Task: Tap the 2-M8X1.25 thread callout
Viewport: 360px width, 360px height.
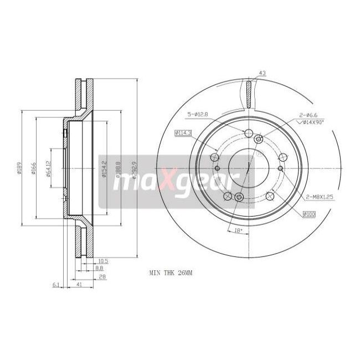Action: pyautogui.click(x=318, y=196)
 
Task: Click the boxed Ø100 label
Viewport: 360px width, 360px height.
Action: pyautogui.click(x=310, y=214)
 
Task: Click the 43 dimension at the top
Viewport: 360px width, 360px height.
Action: pyautogui.click(x=262, y=74)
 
